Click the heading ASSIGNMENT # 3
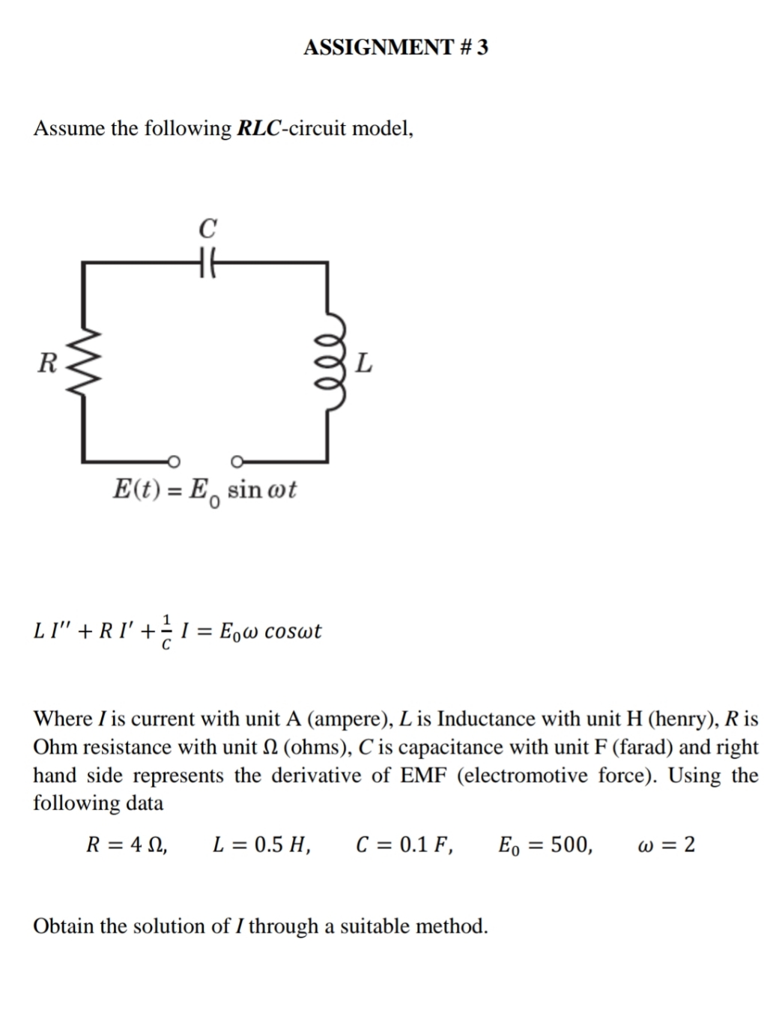[x=395, y=47]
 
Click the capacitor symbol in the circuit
[x=207, y=262]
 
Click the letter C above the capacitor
[x=208, y=227]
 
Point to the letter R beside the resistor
[x=46, y=363]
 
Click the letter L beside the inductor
[x=363, y=364]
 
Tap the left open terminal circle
[x=173, y=460]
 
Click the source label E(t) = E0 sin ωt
[x=204, y=491]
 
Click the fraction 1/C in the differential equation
[x=167, y=631]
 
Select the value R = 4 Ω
[x=127, y=845]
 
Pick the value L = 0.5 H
[x=262, y=845]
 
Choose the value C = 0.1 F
[x=404, y=845]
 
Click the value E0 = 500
[x=545, y=845]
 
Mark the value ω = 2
[x=665, y=845]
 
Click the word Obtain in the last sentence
[x=64, y=926]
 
